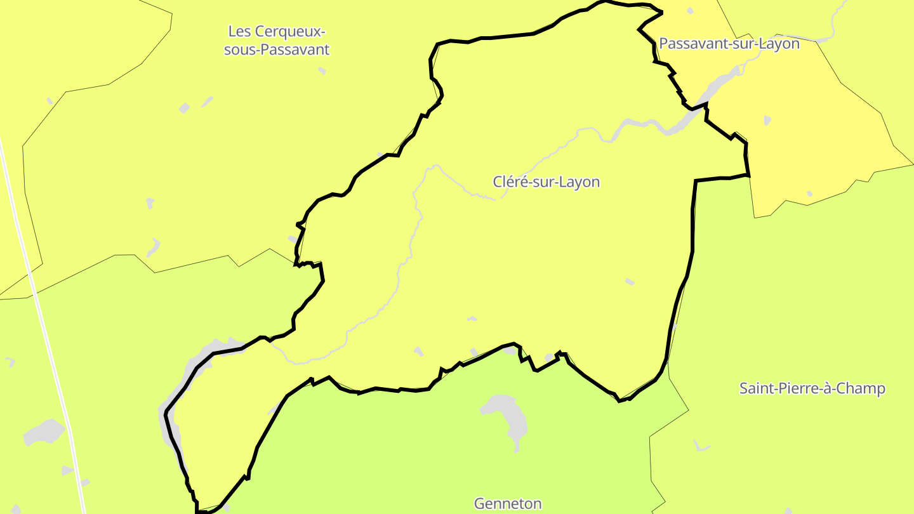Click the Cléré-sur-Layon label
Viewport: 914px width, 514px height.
click(546, 182)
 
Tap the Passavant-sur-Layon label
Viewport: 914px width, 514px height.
click(729, 44)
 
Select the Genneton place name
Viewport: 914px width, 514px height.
click(508, 504)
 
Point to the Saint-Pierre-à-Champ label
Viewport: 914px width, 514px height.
click(812, 388)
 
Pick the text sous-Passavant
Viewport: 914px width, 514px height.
click(277, 49)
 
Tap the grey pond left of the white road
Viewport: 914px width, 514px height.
click(43, 433)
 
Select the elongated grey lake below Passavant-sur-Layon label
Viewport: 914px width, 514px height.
click(717, 86)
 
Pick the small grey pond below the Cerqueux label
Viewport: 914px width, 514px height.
click(185, 108)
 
